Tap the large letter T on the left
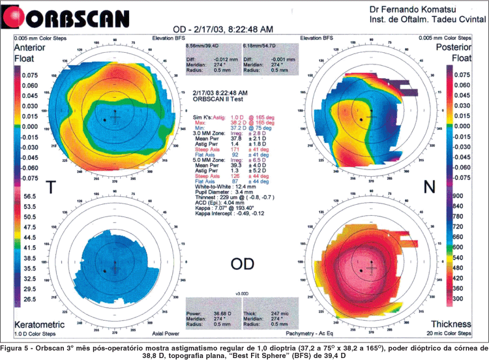[50, 188]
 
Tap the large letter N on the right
[430, 187]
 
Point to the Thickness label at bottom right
[454, 323]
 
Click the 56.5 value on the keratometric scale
[29, 196]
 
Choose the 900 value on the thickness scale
[457, 196]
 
